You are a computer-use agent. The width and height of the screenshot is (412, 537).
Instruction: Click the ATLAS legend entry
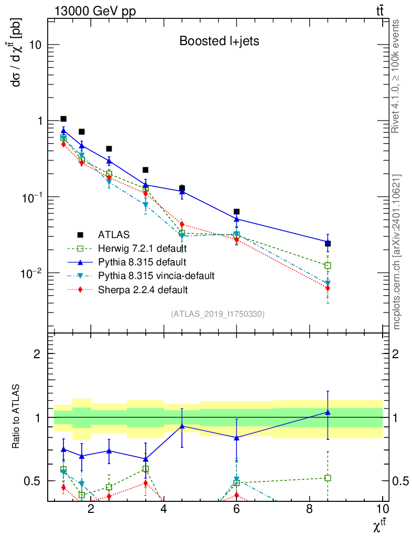tap(114, 234)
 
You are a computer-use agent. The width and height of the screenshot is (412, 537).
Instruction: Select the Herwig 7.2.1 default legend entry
tap(143, 248)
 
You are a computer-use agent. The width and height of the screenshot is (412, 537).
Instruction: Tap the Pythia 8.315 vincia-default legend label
tap(156, 275)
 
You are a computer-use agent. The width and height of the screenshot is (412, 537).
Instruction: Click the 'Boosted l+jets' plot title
tap(219, 41)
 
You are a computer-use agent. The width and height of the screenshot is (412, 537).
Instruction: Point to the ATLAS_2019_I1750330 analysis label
tap(218, 314)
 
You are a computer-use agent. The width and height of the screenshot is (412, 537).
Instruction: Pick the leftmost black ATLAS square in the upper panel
tap(63, 119)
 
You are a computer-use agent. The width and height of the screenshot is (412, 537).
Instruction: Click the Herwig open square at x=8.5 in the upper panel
tap(328, 265)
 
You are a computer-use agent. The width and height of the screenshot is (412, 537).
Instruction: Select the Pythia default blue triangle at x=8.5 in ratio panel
tap(328, 413)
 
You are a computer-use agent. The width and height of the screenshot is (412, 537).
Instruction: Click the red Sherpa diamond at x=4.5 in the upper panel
tap(182, 224)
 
